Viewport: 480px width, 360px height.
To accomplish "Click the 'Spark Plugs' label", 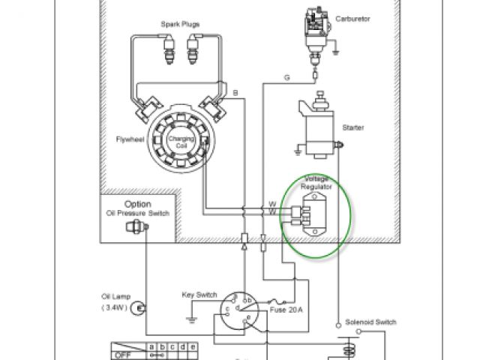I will point(179,25).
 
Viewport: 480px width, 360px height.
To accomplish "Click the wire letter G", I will point(286,77).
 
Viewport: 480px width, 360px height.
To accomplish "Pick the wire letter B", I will point(235,92).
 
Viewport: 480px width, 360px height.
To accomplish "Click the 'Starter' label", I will point(352,127).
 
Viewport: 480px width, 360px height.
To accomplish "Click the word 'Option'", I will point(138,204).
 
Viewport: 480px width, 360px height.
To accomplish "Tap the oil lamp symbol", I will point(138,308).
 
